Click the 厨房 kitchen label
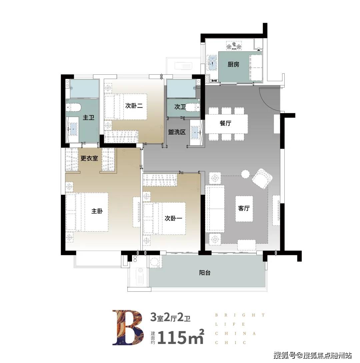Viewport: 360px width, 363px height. coord(233,64)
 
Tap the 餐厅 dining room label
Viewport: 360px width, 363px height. coord(225,123)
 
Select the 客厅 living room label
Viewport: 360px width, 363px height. coord(244,208)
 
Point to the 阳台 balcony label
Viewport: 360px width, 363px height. coord(205,272)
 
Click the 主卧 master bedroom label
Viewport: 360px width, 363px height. coord(97,211)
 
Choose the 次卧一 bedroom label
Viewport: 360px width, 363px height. coord(173,218)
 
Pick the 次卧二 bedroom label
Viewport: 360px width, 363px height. coord(134,106)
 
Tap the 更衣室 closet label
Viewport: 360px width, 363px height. coord(89,158)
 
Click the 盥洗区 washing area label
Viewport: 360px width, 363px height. coord(177,132)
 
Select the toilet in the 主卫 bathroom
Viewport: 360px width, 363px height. coord(73,107)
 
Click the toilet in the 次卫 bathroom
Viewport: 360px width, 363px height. coord(193,107)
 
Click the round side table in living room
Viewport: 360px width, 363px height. coord(245,174)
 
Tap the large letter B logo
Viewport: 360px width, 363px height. coord(128,327)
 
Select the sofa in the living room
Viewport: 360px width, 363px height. coord(215,209)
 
